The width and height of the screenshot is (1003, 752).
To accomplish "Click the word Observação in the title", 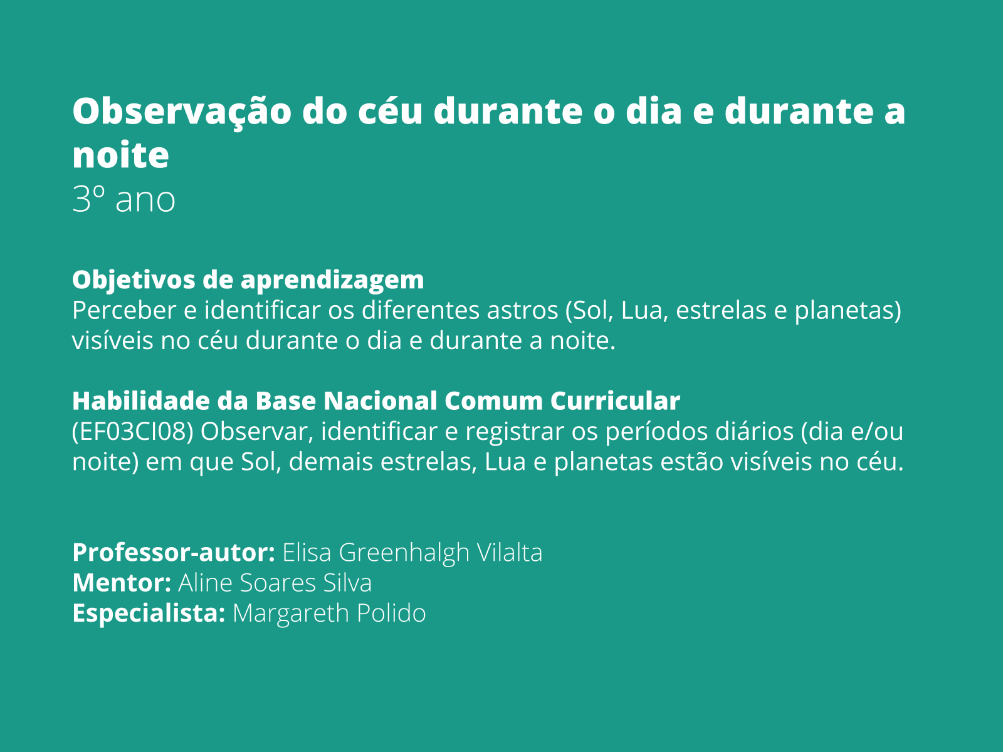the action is point(182,112).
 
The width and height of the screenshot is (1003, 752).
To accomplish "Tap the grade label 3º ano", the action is point(124,199).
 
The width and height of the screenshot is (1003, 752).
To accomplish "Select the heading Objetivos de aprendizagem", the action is point(248,280).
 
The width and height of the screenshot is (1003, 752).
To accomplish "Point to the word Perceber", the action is point(124,310).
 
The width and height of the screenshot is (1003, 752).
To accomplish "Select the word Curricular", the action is point(615,400).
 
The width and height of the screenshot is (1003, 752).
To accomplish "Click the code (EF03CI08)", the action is point(132,432).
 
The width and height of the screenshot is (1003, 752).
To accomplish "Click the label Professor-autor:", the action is point(174,553).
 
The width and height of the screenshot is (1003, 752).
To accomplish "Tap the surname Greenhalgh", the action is point(404,553).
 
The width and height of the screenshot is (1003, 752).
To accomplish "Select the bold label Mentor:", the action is point(122,583).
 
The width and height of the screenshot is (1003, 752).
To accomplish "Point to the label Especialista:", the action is point(149,614).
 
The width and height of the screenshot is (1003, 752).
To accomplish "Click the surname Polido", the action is point(391,613).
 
